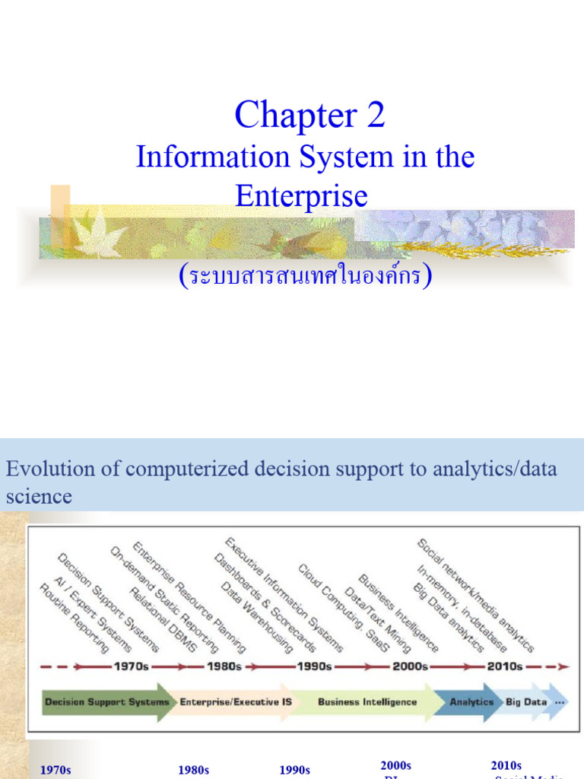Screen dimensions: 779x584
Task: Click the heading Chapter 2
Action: [309, 116]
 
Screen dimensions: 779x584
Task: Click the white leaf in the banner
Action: [98, 234]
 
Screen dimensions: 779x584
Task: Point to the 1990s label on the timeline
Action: [315, 666]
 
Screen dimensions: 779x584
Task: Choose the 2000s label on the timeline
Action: [409, 666]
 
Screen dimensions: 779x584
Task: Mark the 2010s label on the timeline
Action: [504, 666]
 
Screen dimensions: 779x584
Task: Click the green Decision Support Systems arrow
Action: [106, 701]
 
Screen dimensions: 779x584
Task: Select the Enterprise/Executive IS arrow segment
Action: [235, 701]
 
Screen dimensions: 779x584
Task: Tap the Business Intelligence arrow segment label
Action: [367, 701]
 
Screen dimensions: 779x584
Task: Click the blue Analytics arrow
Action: [471, 701]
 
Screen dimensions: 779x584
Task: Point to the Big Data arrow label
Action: [526, 701]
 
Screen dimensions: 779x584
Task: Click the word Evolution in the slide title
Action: [41, 469]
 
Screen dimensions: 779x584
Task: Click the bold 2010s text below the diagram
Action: [506, 765]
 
